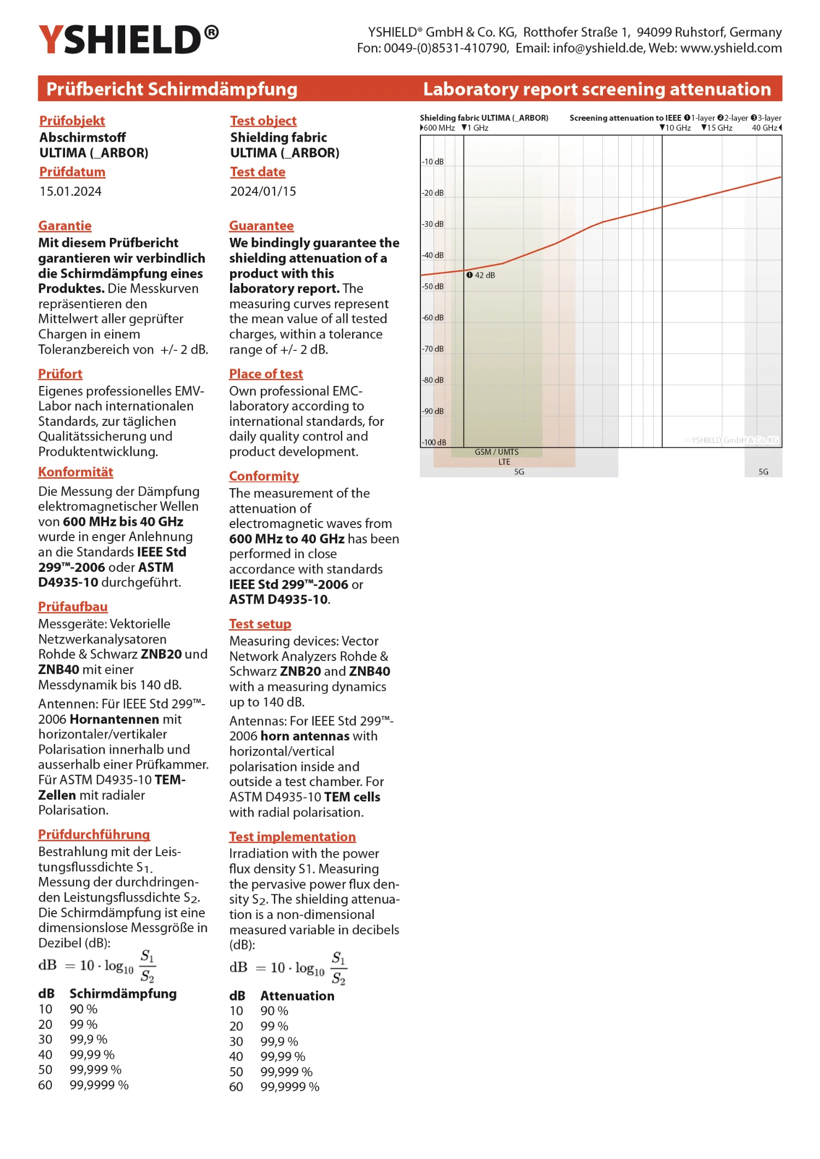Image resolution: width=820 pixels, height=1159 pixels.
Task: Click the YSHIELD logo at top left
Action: (128, 39)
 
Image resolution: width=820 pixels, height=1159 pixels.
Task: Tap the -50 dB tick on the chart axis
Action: (432, 286)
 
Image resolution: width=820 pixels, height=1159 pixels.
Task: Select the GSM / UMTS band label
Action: (496, 452)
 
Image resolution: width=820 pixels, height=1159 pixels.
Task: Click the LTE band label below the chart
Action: (504, 462)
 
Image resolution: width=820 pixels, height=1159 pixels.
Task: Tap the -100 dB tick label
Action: (434, 442)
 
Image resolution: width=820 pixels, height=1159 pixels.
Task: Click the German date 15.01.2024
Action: (71, 191)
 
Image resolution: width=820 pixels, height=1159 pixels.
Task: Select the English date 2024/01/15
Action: (263, 191)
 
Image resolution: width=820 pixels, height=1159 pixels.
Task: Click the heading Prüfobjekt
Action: (72, 121)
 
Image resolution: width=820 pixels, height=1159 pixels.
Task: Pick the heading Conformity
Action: (264, 476)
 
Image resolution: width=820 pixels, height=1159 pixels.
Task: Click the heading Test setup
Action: (260, 624)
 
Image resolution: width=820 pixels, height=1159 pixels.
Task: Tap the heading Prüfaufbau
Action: (73, 607)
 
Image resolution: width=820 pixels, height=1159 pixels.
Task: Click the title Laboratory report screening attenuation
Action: (597, 89)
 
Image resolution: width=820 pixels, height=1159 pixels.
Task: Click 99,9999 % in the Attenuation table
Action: (290, 1087)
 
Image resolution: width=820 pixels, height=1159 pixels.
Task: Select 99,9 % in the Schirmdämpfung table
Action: (89, 1039)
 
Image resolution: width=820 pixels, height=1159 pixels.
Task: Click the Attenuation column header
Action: (297, 996)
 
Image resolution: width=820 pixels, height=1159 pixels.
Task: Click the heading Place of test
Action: (266, 374)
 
